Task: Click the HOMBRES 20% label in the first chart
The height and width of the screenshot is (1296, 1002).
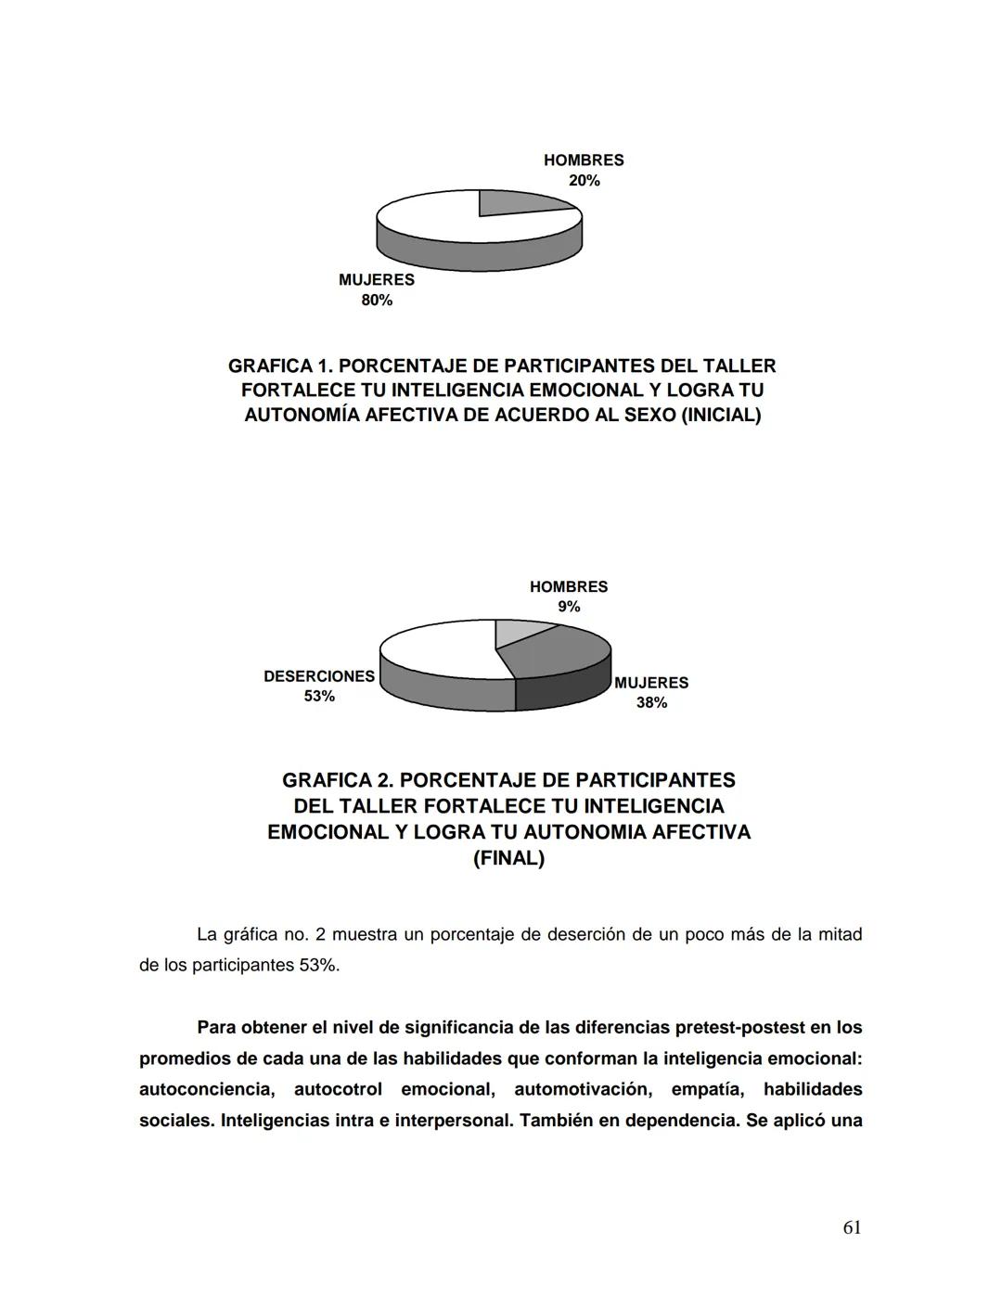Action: pos(584,170)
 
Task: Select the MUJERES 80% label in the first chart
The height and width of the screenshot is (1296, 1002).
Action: pos(376,289)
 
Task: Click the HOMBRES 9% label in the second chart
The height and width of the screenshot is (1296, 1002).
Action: pos(569,597)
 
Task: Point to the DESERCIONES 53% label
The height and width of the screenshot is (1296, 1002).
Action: pos(319,686)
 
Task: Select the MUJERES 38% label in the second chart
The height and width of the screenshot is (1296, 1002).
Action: pos(651,692)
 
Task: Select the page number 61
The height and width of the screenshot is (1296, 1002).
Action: pos(852,1227)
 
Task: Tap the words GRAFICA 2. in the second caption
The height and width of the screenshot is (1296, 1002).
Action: pos(336,780)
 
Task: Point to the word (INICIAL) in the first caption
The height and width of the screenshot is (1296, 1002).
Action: pos(721,415)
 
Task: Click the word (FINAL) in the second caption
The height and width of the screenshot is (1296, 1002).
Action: pos(508,858)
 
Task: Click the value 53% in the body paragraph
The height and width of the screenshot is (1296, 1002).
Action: pos(318,966)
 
